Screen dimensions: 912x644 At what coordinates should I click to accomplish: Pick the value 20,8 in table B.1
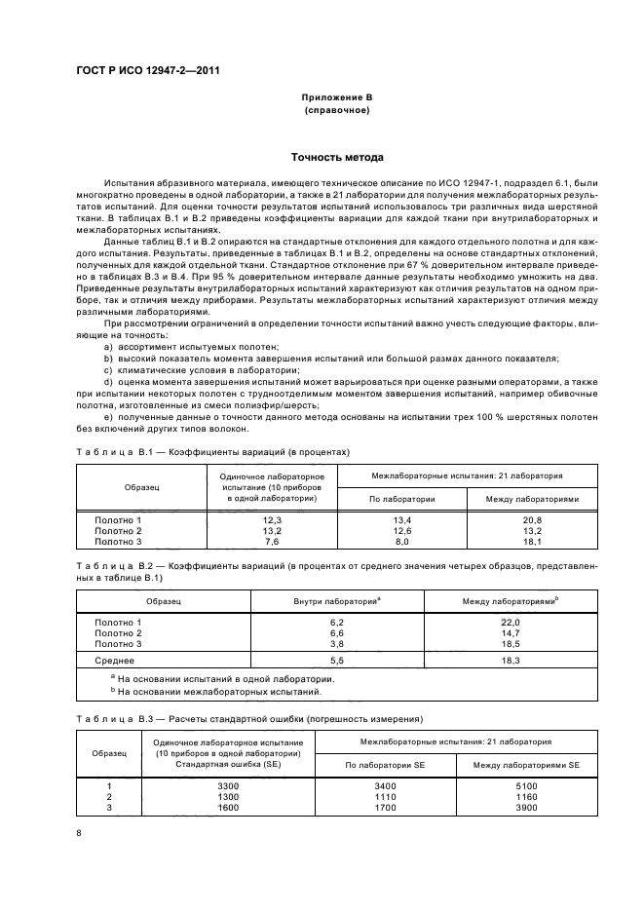click(531, 520)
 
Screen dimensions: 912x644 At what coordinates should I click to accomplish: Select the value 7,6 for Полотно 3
click(272, 541)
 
